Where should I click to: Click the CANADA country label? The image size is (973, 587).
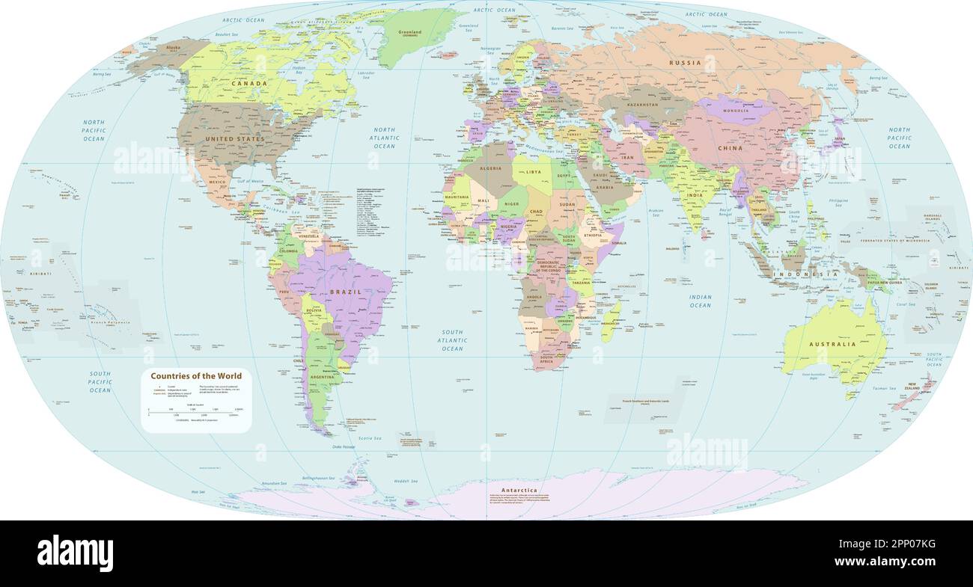250,83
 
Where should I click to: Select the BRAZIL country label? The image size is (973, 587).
345,292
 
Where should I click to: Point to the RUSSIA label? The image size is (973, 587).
685,63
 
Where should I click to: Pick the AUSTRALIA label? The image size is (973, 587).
832,345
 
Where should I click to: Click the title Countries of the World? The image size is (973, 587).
196,376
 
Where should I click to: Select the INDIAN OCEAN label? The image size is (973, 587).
700,301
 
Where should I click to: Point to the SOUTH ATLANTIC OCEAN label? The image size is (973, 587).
452,340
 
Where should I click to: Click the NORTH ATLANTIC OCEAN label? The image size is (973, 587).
384,138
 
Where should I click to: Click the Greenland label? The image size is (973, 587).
409,33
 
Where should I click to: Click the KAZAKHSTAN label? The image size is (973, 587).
641,105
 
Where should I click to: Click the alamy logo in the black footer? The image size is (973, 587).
75,553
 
